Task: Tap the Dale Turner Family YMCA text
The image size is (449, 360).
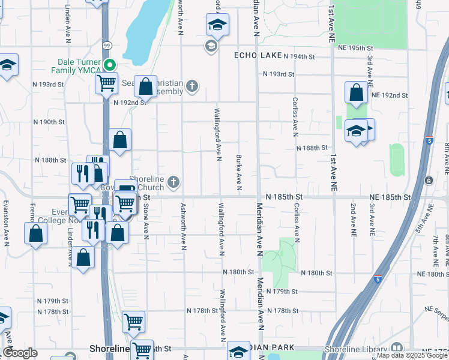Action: [81, 67]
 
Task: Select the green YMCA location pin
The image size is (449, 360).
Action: [109, 65]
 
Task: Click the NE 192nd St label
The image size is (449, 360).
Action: [389, 95]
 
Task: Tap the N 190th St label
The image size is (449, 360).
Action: [49, 122]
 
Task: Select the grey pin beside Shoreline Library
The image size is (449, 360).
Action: [396, 349]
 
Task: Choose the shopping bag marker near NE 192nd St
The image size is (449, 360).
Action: [356, 93]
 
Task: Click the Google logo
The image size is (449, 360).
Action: [20, 353]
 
